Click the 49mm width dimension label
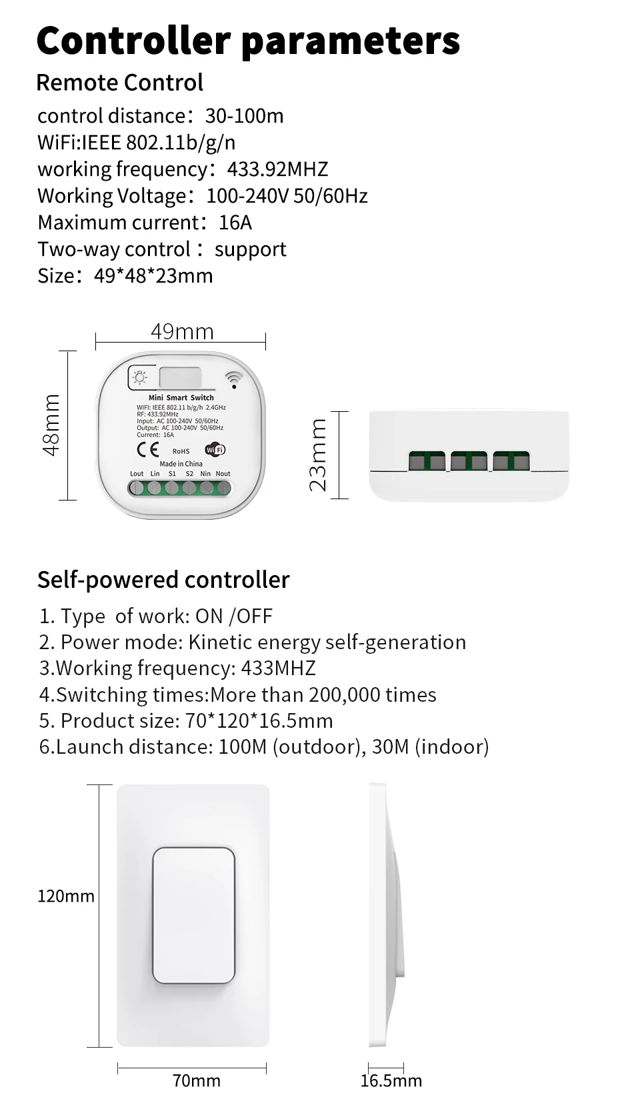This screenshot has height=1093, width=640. pyautogui.click(x=182, y=331)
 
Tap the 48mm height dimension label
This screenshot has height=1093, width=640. pyautogui.click(x=51, y=425)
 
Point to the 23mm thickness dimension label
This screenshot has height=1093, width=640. pyautogui.click(x=319, y=455)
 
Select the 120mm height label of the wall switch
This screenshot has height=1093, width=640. pyautogui.click(x=65, y=896)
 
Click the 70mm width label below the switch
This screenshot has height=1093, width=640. pyautogui.click(x=196, y=1080)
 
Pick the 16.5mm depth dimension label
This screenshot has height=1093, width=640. pyautogui.click(x=391, y=1080)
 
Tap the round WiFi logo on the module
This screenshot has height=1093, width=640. pyautogui.click(x=215, y=449)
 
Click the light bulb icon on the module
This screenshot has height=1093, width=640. pyautogui.click(x=140, y=378)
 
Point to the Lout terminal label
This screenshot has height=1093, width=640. pyautogui.click(x=137, y=474)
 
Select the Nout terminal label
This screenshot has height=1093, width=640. pyautogui.click(x=223, y=474)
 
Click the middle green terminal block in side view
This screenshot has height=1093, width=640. pyautogui.click(x=469, y=461)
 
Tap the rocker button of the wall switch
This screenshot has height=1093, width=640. pyautogui.click(x=193, y=915)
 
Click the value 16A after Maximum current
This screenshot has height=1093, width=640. pyautogui.click(x=235, y=223)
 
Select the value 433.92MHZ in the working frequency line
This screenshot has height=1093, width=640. pyautogui.click(x=277, y=169)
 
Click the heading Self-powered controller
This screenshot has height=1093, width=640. pyautogui.click(x=163, y=580)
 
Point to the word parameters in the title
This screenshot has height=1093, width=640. pyautogui.click(x=351, y=41)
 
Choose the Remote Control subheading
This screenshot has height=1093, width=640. pyautogui.click(x=119, y=83)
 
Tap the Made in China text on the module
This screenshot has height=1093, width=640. pyautogui.click(x=181, y=464)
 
